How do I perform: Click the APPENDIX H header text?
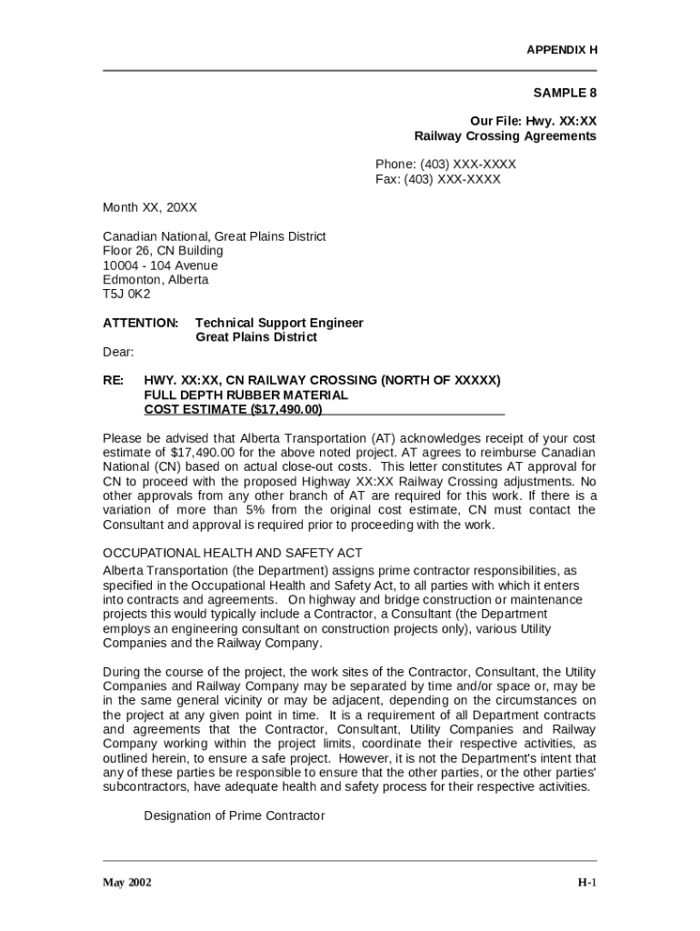(x=562, y=50)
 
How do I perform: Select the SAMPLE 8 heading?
(x=565, y=93)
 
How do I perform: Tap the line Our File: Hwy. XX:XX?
(x=533, y=121)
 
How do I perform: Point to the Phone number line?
(x=445, y=165)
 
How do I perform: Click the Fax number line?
(x=438, y=179)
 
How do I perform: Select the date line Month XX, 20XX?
(x=150, y=207)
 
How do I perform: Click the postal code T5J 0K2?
(x=126, y=295)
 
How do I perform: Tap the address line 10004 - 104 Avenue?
(x=160, y=265)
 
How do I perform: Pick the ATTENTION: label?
(x=141, y=323)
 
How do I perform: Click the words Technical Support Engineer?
(x=279, y=323)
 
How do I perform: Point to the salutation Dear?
(x=118, y=352)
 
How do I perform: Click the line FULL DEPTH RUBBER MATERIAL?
(x=245, y=395)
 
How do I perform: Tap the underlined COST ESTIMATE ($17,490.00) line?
(x=233, y=410)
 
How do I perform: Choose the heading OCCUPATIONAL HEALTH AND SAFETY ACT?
(x=233, y=553)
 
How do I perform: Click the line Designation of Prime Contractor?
(x=234, y=816)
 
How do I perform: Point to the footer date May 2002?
(x=127, y=883)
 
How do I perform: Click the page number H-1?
(x=587, y=883)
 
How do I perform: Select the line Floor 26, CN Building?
(x=163, y=251)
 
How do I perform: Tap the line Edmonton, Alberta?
(x=155, y=280)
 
